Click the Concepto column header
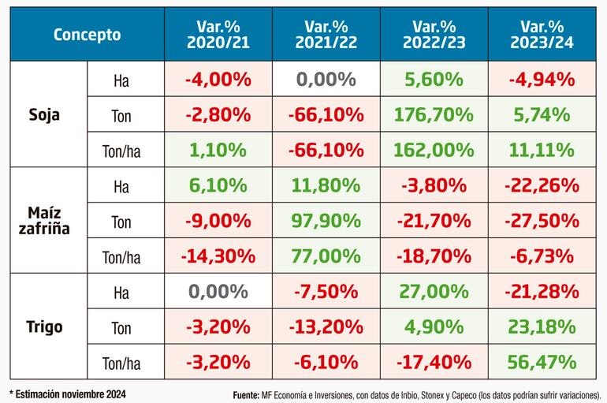pyautogui.click(x=87, y=35)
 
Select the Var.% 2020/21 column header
pyautogui.click(x=218, y=35)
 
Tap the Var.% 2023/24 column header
pyautogui.click(x=544, y=35)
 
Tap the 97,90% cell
pyautogui.click(x=326, y=222)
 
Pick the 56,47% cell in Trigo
pyautogui.click(x=544, y=363)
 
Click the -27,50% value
pyautogui.click(x=544, y=222)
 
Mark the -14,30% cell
pyautogui.click(x=218, y=256)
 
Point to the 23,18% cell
pyautogui.click(x=544, y=327)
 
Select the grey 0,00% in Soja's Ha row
pyautogui.click(x=326, y=80)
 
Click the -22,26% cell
pyautogui.click(x=544, y=187)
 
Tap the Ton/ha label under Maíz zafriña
pyautogui.click(x=121, y=256)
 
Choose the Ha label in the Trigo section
pyautogui.click(x=121, y=293)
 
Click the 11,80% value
pyautogui.click(x=326, y=187)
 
